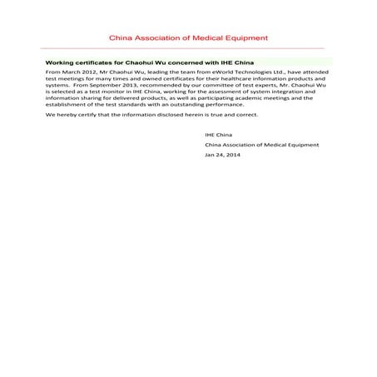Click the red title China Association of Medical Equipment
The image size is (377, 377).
click(x=188, y=38)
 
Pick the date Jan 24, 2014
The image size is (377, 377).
click(x=222, y=155)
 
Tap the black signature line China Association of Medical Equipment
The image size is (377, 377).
click(x=261, y=144)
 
